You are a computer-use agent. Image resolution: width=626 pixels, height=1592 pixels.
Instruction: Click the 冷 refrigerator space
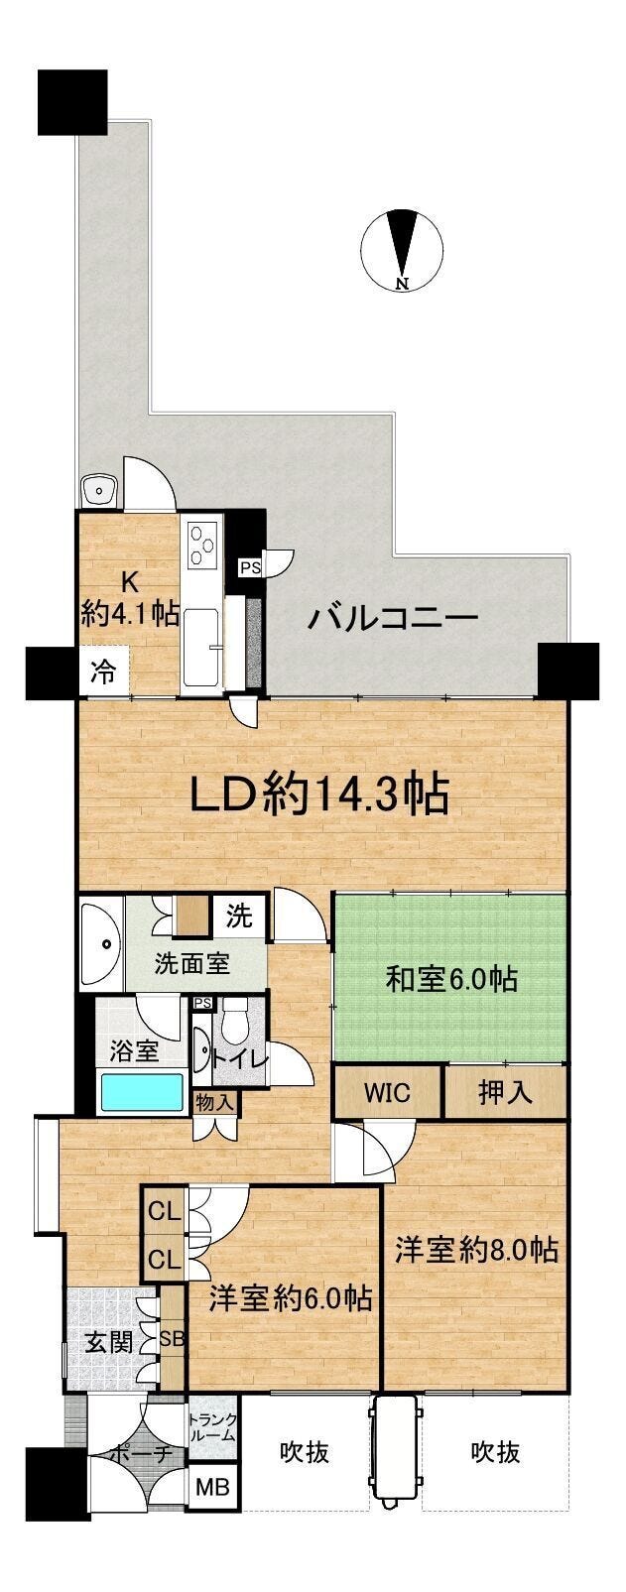click(104, 672)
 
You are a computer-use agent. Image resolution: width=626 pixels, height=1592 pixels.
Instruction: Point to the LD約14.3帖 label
click(319, 795)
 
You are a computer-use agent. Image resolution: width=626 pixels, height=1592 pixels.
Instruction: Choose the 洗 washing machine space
click(240, 917)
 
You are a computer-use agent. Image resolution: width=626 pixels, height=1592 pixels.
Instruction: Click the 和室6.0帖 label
click(450, 980)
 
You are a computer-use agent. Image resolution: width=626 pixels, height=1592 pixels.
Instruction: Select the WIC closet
click(388, 1092)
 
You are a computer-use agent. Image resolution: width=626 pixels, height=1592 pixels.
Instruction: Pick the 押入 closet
click(505, 1092)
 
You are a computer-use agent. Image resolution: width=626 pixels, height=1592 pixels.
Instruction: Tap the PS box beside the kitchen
click(250, 567)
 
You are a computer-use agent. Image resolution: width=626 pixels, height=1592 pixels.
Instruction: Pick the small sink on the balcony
click(99, 490)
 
